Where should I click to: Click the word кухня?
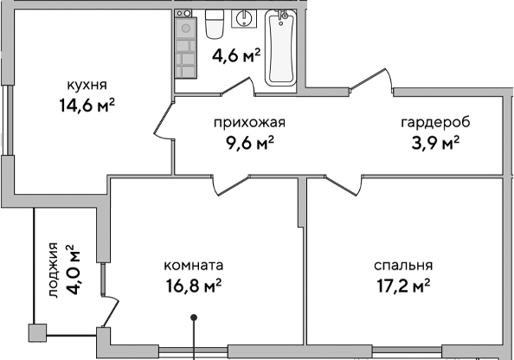[x=87, y=85]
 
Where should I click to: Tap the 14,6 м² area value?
[x=87, y=106]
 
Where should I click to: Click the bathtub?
[x=280, y=49]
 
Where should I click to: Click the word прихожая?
[x=249, y=122]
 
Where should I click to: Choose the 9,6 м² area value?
[x=249, y=143]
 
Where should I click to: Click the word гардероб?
[x=428, y=122]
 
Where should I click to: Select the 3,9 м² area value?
[x=428, y=143]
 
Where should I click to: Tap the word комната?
[x=194, y=266]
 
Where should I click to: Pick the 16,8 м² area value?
[x=194, y=286]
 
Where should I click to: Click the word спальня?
[x=403, y=266]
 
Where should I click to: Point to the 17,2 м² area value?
[x=403, y=286]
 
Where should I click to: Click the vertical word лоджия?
[x=54, y=270]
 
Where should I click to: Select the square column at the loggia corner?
[x=37, y=332]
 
